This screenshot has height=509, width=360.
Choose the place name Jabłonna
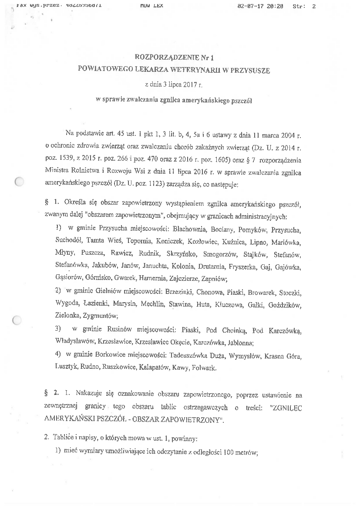click(x=234, y=342)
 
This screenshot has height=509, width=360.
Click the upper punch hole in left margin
click(x=18, y=182)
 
